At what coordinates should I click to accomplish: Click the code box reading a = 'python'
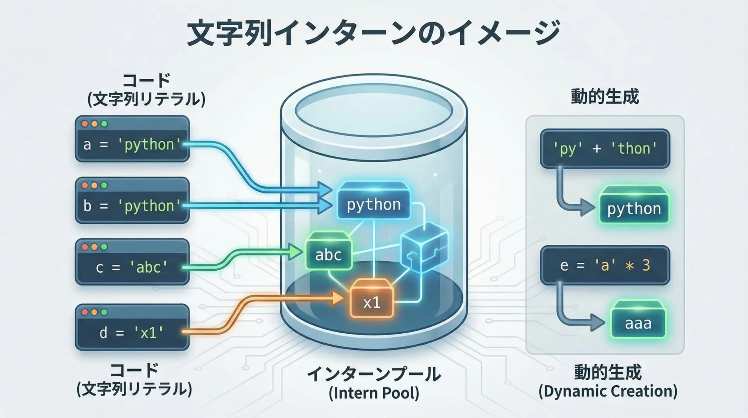pos(132,139)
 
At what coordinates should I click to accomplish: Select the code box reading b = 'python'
pos(132,200)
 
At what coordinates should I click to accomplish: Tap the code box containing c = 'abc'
pos(132,262)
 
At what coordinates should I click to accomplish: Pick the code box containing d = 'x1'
pos(132,328)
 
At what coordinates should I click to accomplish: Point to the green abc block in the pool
pos(328,252)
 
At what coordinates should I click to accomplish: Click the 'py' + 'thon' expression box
pos(605,149)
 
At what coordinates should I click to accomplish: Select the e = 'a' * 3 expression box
pos(605,265)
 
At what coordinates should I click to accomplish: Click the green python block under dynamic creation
pos(634,206)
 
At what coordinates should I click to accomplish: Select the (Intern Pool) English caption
pos(374,393)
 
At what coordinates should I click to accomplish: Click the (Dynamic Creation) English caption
pos(608,391)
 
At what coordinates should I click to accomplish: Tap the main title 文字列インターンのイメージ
pos(373,33)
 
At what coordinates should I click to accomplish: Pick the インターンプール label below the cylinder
pos(374,374)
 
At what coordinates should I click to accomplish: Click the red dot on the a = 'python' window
pos(85,124)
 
